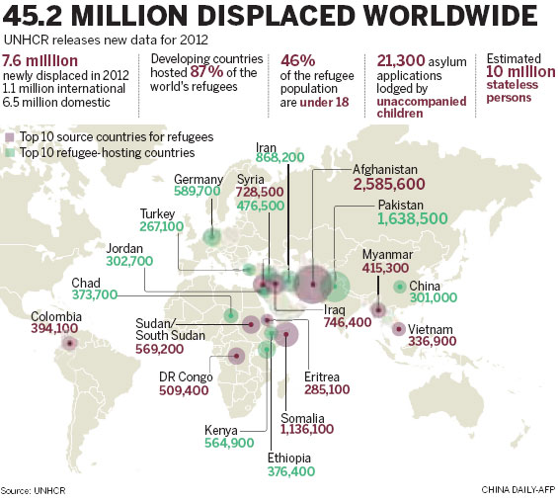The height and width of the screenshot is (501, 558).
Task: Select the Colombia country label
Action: [53, 316]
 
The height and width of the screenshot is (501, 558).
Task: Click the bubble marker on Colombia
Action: [69, 344]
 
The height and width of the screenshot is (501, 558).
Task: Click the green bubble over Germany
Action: [211, 236]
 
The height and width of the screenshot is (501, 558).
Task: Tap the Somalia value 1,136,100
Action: [306, 429]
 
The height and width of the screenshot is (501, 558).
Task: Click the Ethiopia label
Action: [291, 458]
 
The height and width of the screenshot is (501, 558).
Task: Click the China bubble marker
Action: [398, 288]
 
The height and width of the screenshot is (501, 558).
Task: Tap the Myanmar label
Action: [388, 253]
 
